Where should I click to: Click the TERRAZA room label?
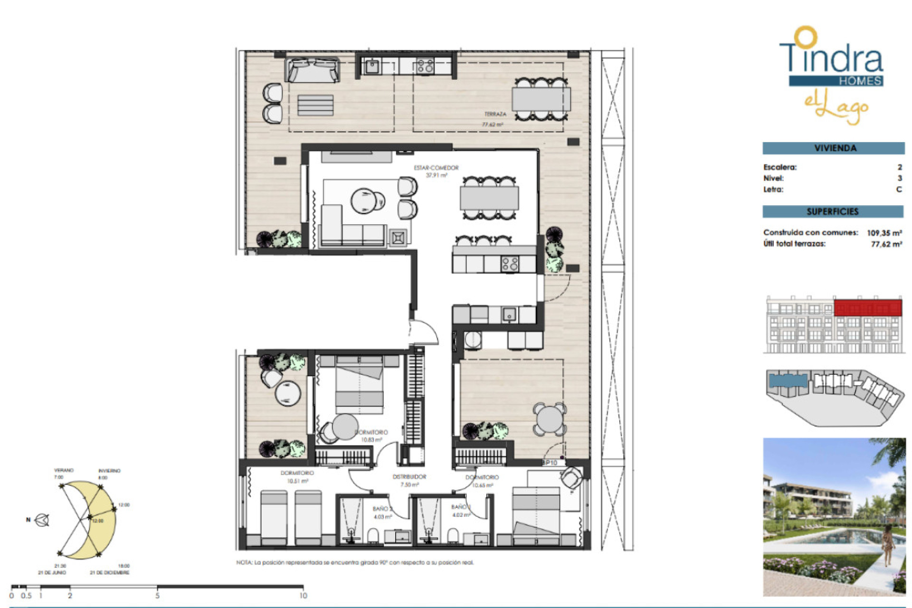click(495, 114)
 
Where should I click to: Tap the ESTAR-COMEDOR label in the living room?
click(436, 168)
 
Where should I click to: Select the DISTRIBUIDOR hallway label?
click(409, 476)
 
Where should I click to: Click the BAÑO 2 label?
click(382, 509)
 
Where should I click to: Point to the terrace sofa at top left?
click(312, 70)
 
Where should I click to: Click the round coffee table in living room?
click(364, 200)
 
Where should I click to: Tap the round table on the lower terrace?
click(549, 419)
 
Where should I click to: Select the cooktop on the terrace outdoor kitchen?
click(425, 66)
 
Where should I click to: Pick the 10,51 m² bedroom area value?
click(298, 481)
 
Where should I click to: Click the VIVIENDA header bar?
click(834, 148)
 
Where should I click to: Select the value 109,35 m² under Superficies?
click(884, 233)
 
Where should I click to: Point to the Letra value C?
click(899, 189)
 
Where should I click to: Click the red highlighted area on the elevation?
click(867, 308)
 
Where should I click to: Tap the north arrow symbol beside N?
click(43, 520)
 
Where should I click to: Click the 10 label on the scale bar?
click(303, 596)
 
